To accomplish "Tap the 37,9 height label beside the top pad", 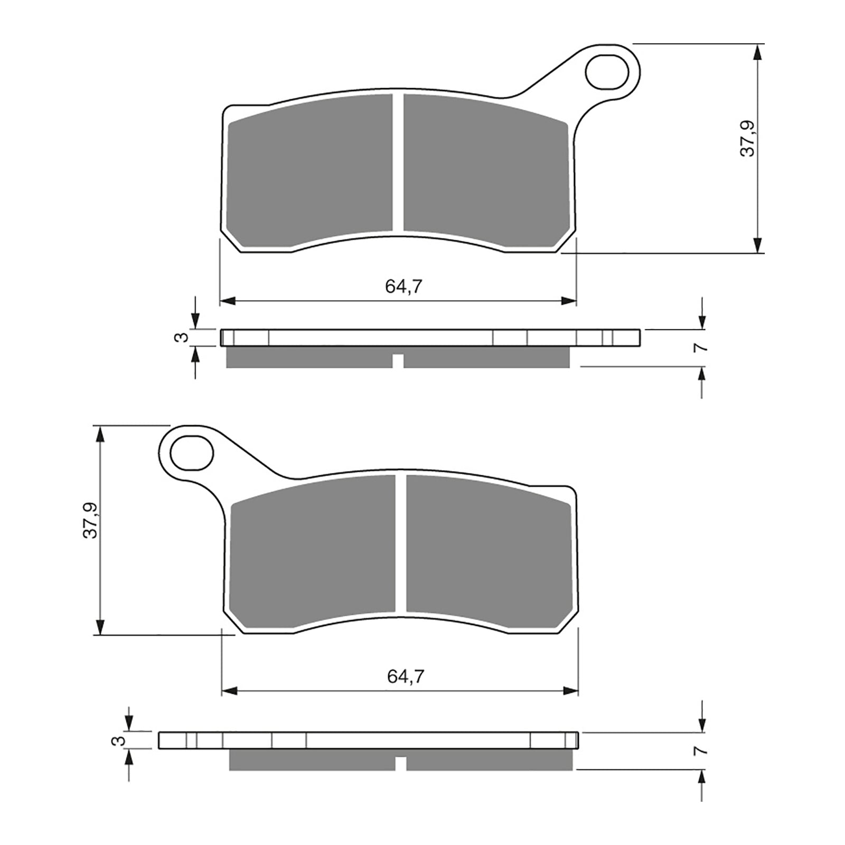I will pyautogui.click(x=747, y=138).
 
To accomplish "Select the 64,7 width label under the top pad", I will pyautogui.click(x=404, y=287).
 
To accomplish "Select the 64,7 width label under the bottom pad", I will pyautogui.click(x=406, y=677).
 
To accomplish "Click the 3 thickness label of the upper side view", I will pyautogui.click(x=182, y=337).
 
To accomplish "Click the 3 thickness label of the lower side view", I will pyautogui.click(x=121, y=741).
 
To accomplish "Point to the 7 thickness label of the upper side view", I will pyautogui.click(x=701, y=348).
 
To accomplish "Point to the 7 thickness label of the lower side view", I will pyautogui.click(x=701, y=750).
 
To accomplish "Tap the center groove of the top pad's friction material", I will pyautogui.click(x=398, y=164).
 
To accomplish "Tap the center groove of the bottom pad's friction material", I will pyautogui.click(x=400, y=544).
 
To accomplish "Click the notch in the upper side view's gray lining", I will pyautogui.click(x=398, y=361).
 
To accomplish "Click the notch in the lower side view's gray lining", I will pyautogui.click(x=401, y=764).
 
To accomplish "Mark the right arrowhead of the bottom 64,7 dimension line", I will pyautogui.click(x=571, y=691).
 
